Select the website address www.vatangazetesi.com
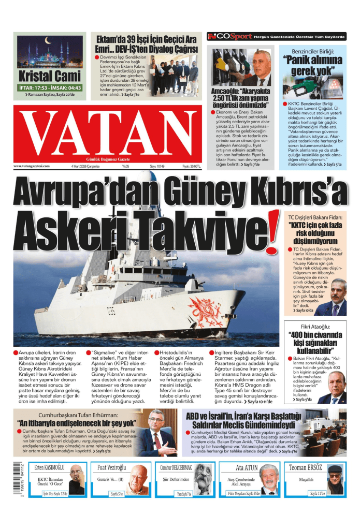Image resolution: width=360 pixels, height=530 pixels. (x=32, y=166)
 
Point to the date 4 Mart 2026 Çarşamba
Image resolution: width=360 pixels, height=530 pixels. (x=85, y=166)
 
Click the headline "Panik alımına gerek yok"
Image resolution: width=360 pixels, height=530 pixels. (x=316, y=65)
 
